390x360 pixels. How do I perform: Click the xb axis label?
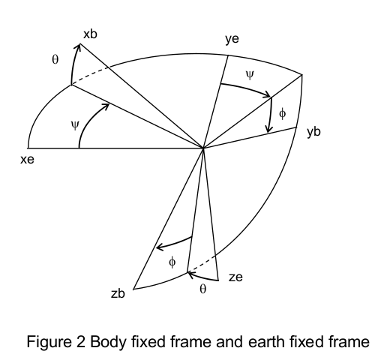(90, 34)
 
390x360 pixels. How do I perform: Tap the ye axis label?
(232, 39)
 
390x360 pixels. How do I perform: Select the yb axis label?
(313, 132)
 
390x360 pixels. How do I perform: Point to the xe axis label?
(27, 160)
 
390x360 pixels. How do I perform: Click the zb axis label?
(118, 293)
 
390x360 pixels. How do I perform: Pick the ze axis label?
(235, 277)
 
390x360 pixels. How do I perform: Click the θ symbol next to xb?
(55, 60)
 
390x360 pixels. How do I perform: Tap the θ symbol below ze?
(203, 289)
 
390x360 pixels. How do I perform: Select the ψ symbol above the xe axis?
(75, 125)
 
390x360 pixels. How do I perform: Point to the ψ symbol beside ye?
(250, 75)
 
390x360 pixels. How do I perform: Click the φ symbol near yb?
(282, 114)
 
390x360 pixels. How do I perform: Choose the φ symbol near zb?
(172, 262)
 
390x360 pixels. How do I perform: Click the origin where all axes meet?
(203, 148)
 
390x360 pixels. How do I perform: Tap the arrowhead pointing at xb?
(79, 47)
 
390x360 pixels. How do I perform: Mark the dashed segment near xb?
(91, 76)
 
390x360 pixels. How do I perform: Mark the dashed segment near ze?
(201, 264)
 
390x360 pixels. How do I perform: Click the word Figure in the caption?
(49, 342)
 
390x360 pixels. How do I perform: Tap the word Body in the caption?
(108, 342)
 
